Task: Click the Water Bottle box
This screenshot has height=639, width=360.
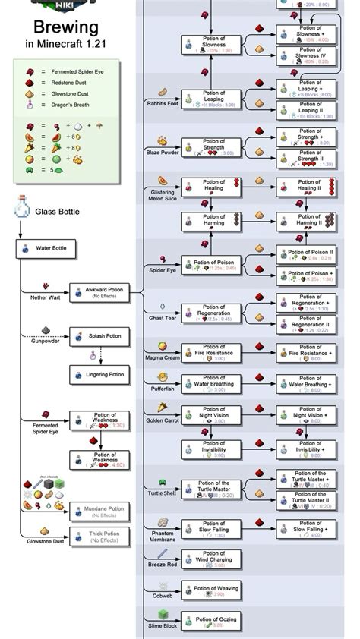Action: (45, 247)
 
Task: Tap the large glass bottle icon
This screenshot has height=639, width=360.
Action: (21, 211)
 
